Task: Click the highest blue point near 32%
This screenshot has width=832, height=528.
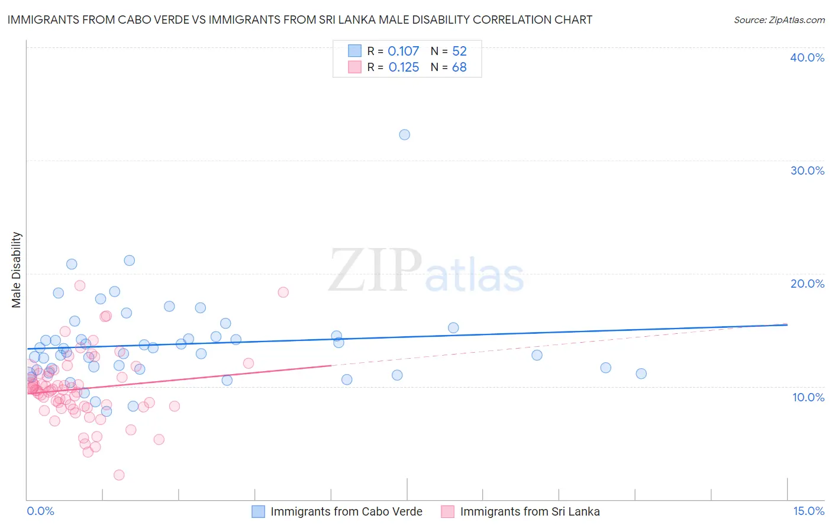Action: pyautogui.click(x=404, y=134)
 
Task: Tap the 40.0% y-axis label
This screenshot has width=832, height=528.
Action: pyautogui.click(x=807, y=57)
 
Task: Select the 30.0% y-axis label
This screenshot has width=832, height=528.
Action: pyautogui.click(x=807, y=170)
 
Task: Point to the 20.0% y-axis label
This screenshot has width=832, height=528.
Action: pyautogui.click(x=807, y=284)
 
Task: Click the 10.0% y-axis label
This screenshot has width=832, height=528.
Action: pyautogui.click(x=808, y=397)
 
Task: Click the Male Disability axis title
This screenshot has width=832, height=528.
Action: pyautogui.click(x=17, y=269)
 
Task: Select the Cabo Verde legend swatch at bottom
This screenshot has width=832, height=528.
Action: pyautogui.click(x=259, y=511)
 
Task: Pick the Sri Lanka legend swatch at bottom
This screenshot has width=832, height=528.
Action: pyautogui.click(x=447, y=511)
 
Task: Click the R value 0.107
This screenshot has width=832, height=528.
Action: pyautogui.click(x=403, y=51)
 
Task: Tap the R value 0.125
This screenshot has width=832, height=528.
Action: pyautogui.click(x=404, y=67)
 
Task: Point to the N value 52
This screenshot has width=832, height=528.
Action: pyautogui.click(x=459, y=51)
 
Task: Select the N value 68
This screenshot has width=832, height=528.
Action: pyautogui.click(x=459, y=67)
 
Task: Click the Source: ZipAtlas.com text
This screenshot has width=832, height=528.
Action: pyautogui.click(x=779, y=20)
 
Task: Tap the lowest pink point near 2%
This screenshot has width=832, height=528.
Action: pyautogui.click(x=119, y=475)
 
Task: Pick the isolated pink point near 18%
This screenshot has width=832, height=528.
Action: pyautogui.click(x=283, y=292)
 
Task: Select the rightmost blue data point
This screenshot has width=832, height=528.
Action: pyautogui.click(x=641, y=374)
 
